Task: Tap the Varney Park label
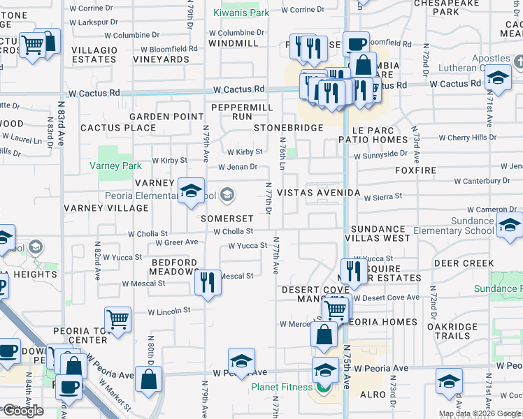click(115, 166)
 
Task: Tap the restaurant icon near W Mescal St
click(208, 283)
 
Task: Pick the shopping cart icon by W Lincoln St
click(118, 320)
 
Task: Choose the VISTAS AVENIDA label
click(318, 193)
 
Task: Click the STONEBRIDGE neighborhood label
click(288, 128)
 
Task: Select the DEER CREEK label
click(464, 263)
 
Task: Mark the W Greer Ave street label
click(176, 243)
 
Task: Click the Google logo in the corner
click(23, 411)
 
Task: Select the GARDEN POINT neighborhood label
click(166, 117)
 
